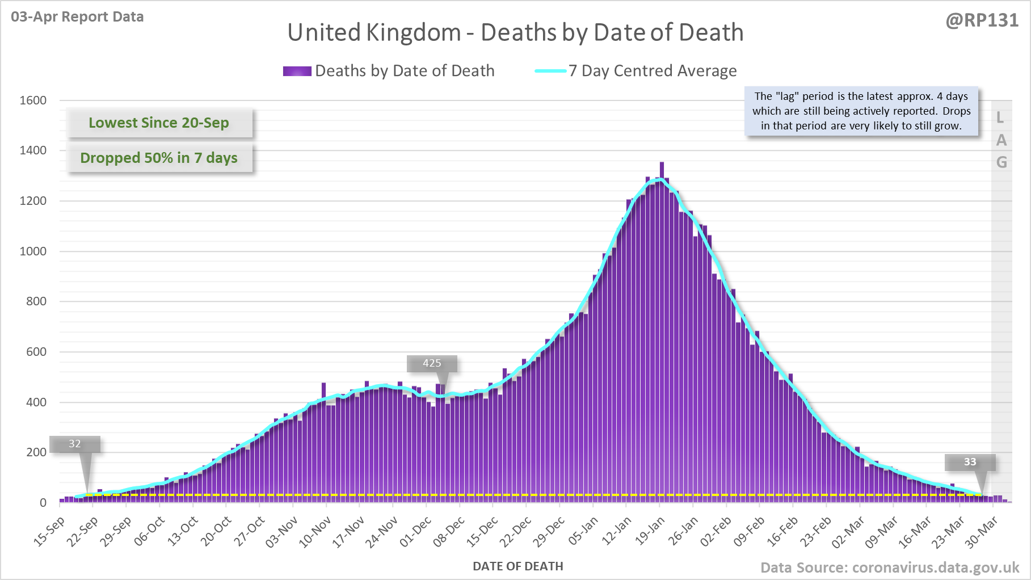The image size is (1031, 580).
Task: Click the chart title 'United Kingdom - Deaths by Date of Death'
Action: coord(515,32)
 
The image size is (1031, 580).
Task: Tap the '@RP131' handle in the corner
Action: coord(982,20)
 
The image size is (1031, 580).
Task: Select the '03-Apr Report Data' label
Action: coord(77,16)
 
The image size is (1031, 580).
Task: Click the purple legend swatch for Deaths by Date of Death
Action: coord(297,71)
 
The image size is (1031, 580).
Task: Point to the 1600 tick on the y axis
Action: coord(33,100)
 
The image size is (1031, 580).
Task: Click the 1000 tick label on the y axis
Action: coord(33,251)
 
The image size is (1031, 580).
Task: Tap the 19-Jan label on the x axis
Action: coord(650,531)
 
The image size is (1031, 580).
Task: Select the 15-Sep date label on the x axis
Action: coord(49,531)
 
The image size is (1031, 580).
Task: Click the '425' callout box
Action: coord(432,363)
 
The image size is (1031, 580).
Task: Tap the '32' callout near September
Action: coord(75,444)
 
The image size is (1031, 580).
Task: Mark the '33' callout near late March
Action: coord(970,462)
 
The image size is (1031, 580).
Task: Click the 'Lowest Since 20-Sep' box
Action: coord(159,123)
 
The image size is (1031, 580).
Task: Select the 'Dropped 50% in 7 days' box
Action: coord(159,158)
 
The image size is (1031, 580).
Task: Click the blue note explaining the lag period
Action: coord(861,111)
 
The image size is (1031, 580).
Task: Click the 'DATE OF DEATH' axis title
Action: coord(517,566)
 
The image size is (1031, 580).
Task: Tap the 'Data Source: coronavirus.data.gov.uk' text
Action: coord(889,568)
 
